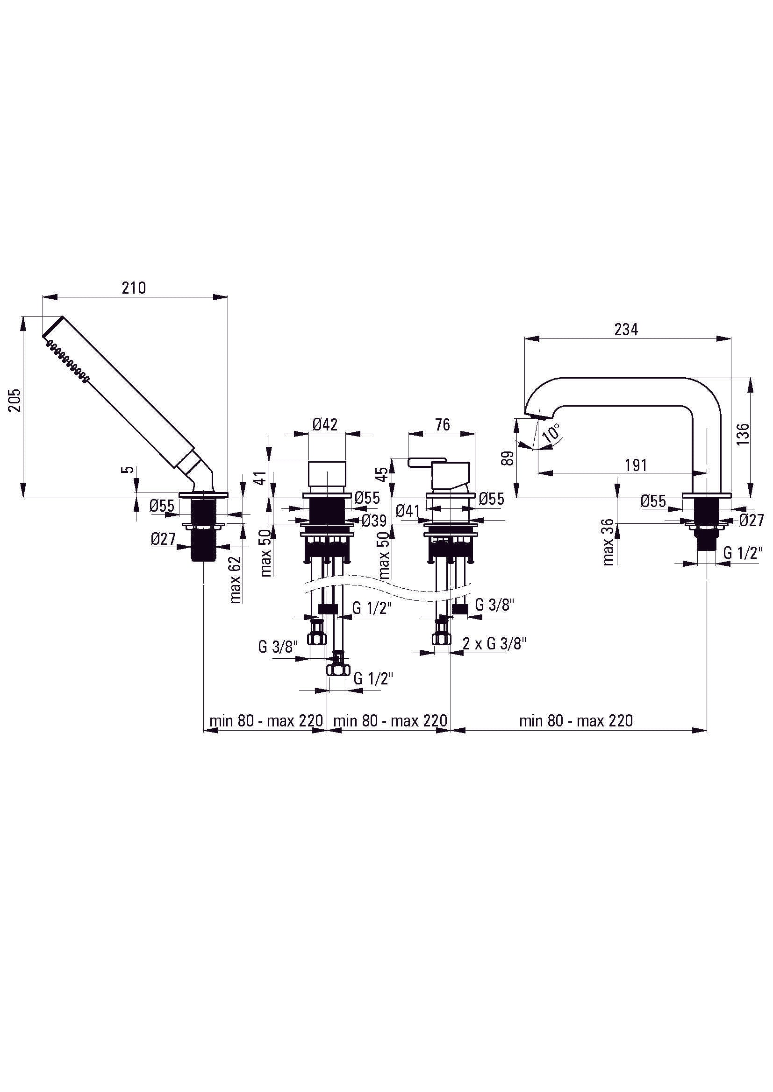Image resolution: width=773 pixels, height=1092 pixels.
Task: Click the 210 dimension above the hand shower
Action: coord(134,288)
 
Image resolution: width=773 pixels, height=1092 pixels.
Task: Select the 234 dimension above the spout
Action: coord(626,329)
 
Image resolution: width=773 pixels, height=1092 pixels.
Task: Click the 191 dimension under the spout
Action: coord(636,465)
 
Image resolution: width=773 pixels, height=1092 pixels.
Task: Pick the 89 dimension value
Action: coord(508,458)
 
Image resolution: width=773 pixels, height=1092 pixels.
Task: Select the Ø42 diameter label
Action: coord(325,424)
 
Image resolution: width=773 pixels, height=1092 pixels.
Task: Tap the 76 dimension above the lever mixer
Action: coord(443,424)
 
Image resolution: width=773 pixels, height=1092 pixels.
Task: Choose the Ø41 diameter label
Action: coord(408,511)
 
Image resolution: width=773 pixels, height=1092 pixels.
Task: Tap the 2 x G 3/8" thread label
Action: coord(494,643)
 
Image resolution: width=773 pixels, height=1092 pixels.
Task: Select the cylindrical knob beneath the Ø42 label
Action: coord(327,474)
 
